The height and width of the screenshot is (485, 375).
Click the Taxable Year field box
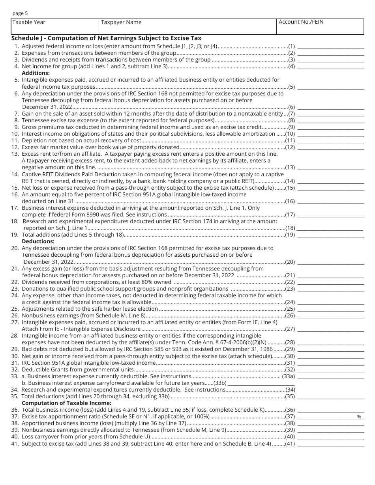point(55,27)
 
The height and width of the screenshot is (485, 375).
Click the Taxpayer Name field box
point(187,27)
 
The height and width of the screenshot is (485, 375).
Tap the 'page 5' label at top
point(20,13)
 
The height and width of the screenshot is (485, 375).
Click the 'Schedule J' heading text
point(106,38)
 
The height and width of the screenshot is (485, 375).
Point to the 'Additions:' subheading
point(36,73)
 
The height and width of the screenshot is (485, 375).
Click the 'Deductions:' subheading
point(38,241)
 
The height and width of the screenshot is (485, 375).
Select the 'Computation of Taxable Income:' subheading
point(66,403)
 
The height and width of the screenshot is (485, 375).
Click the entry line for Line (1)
point(330,46)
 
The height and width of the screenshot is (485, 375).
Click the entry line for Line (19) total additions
point(330,235)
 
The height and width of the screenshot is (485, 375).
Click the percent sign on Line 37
point(359,417)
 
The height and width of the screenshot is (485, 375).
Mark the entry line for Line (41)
point(330,444)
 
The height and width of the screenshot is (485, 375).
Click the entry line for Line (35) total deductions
point(330,396)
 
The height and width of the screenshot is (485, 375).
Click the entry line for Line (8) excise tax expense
point(330,120)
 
